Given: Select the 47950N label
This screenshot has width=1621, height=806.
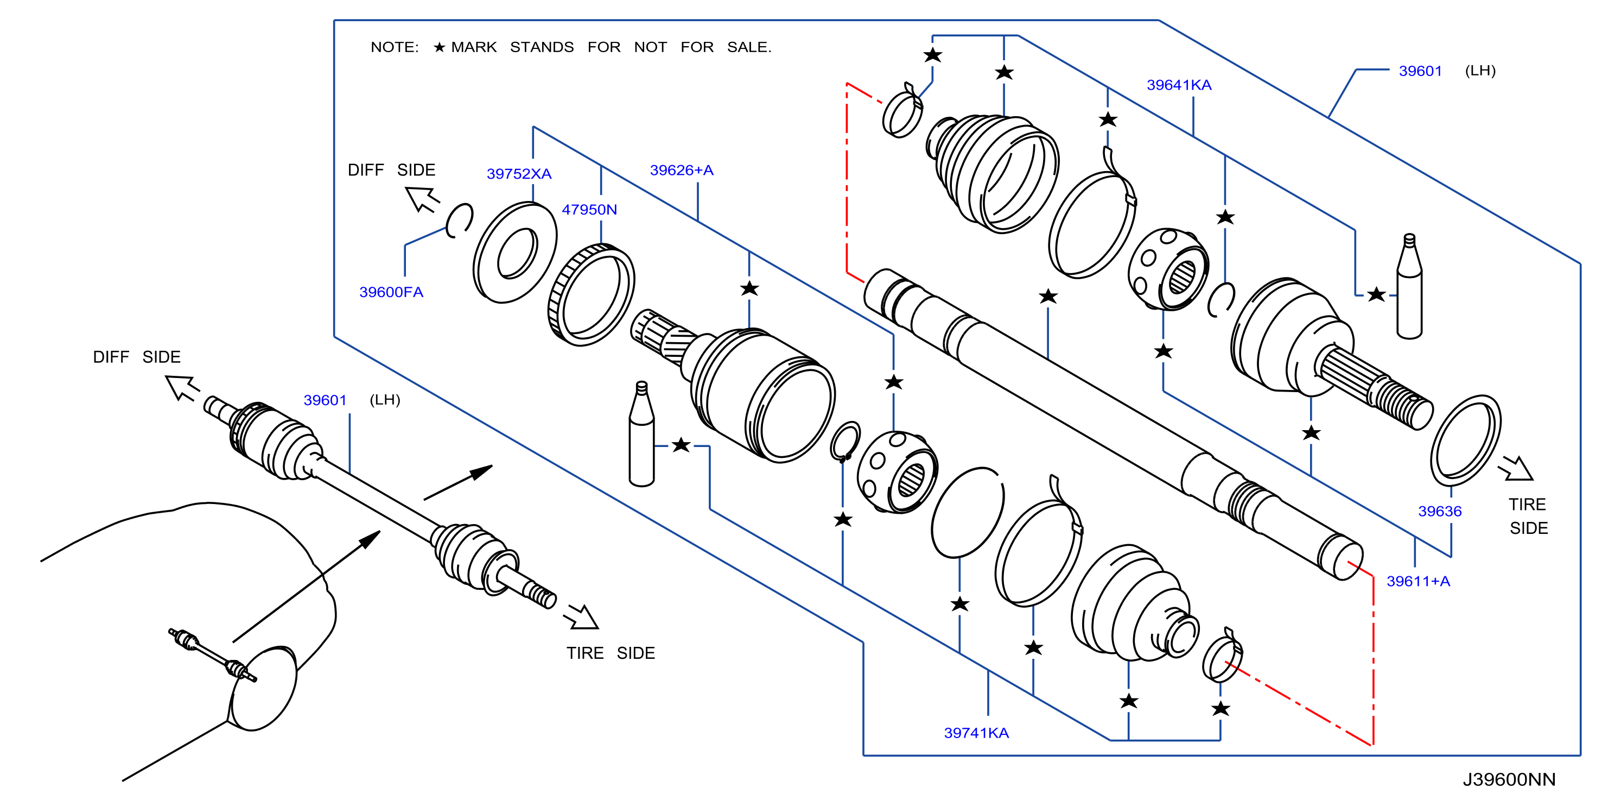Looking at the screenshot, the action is click(589, 210).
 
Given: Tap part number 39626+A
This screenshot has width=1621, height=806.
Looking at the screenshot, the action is click(682, 170).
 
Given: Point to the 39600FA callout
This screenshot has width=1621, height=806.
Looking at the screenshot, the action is click(391, 292).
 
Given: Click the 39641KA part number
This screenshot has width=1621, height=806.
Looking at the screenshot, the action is click(1179, 85).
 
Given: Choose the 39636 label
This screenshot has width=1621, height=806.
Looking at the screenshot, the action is click(1439, 511).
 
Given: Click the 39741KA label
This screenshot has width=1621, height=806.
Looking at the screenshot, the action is click(976, 733).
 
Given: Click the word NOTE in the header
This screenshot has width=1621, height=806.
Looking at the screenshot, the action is click(394, 47).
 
